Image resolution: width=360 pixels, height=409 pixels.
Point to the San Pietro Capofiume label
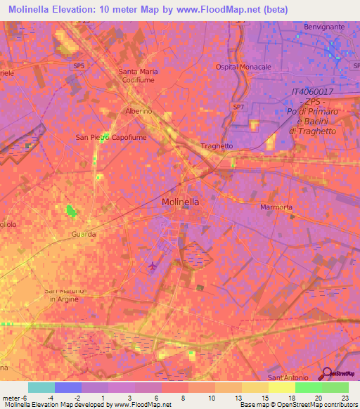tap(111, 138)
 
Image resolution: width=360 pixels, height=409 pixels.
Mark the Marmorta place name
tap(276, 208)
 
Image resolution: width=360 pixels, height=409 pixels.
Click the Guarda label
tap(83, 234)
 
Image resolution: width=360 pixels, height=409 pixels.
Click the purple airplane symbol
tap(153, 266)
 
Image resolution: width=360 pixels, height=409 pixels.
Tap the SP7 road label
tap(239, 107)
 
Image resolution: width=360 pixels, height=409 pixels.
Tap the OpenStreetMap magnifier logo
tap(327, 373)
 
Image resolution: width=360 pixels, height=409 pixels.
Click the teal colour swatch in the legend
tap(41, 387)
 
